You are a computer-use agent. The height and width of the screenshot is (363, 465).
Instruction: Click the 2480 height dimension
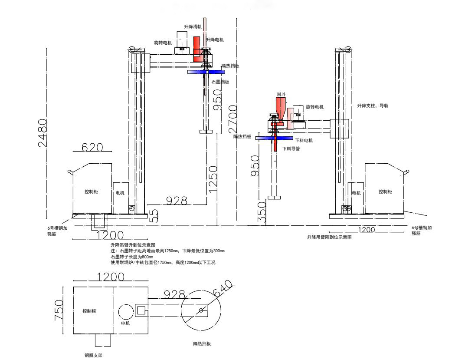tap(43, 133)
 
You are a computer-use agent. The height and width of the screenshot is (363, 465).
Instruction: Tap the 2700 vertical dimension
tap(233, 119)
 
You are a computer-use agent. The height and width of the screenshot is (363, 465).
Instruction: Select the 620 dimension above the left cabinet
tap(92, 148)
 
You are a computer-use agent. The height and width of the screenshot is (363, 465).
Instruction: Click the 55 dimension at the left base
tap(154, 216)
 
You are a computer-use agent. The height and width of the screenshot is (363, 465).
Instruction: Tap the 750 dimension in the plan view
tap(59, 310)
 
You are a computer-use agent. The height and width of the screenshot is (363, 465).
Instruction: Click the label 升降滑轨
tap(193, 27)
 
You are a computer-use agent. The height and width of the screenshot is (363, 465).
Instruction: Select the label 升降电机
tap(215, 40)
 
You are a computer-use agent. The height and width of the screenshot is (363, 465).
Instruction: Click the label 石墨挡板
tap(220, 82)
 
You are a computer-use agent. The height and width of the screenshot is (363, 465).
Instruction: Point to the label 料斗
tap(281, 94)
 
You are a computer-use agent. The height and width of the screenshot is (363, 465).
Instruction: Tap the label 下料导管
tap(291, 148)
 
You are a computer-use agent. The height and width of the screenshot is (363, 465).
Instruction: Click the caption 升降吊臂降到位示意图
tap(329, 238)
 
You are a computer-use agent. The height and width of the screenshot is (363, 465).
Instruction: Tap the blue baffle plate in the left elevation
tap(206, 72)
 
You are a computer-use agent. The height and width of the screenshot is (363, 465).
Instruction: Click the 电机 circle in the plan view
tap(125, 312)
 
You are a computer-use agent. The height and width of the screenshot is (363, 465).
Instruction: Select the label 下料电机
tap(304, 140)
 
